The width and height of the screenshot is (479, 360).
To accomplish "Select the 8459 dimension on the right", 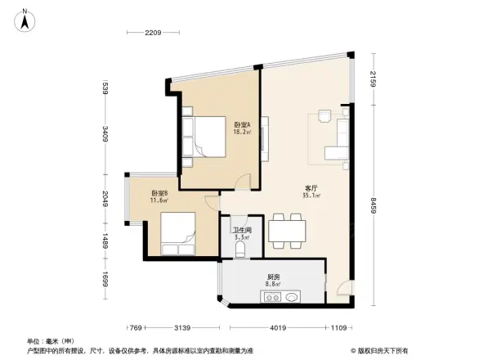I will (x=373, y=203).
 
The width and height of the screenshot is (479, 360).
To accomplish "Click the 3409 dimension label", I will (x=105, y=133).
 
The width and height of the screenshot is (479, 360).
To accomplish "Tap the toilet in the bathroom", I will (x=241, y=250).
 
